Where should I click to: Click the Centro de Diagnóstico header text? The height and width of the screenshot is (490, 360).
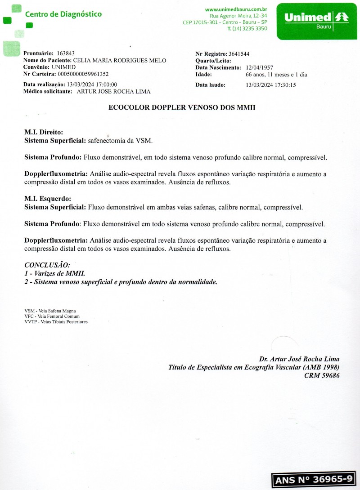[x=63, y=14]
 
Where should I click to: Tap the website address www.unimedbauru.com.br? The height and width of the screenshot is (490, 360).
[x=236, y=9]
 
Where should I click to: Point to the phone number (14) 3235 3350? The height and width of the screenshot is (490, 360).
[x=250, y=28]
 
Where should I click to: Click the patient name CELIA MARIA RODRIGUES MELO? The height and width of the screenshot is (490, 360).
[x=119, y=60]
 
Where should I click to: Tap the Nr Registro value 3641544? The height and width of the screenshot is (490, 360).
[x=239, y=53]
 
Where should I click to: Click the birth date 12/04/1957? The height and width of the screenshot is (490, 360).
[x=260, y=67]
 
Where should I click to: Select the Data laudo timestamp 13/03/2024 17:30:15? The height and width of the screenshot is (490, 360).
[x=270, y=85]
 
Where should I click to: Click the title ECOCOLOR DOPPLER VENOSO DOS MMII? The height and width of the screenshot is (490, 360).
[x=182, y=108]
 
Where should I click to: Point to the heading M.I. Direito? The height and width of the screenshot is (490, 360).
[x=44, y=133]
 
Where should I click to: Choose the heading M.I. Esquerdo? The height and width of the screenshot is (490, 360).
[x=48, y=199]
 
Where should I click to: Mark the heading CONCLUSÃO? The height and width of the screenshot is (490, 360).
[x=47, y=265]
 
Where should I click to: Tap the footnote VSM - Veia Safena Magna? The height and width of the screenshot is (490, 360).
[x=50, y=311]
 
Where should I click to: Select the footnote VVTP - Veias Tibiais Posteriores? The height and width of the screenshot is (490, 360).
[x=56, y=322]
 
